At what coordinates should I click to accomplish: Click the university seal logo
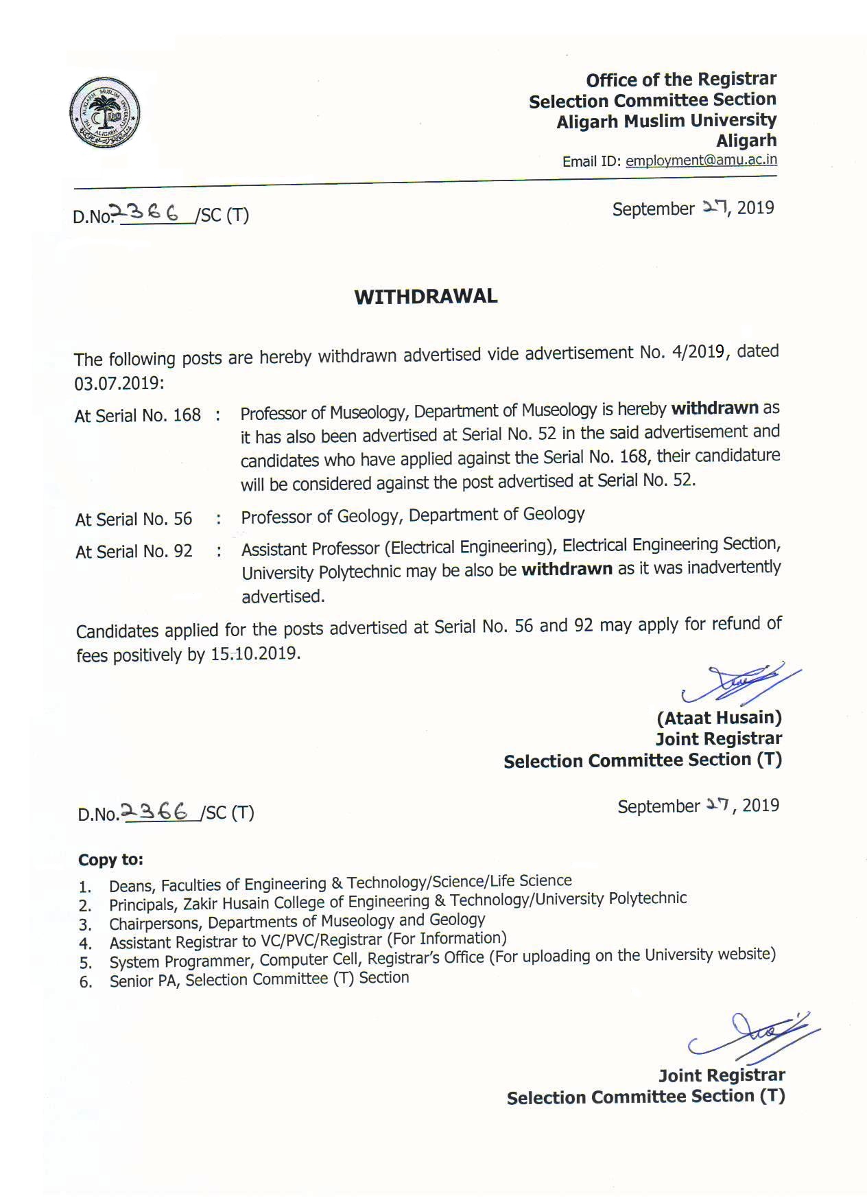[x=104, y=113]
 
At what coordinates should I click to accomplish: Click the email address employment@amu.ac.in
[x=701, y=161]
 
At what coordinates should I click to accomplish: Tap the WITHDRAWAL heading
[x=425, y=296]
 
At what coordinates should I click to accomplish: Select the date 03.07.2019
[x=119, y=382]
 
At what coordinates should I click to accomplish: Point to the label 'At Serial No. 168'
[x=138, y=415]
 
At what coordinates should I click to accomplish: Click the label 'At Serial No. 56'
[x=134, y=519]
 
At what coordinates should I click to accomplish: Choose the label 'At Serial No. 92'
[x=134, y=551]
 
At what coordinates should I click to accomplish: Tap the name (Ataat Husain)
[x=719, y=718]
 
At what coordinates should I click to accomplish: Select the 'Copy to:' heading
[x=110, y=859]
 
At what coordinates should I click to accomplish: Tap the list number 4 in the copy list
[x=85, y=944]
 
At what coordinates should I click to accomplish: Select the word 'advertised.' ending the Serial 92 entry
[x=283, y=596]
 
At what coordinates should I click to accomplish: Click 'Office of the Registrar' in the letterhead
[x=680, y=80]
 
